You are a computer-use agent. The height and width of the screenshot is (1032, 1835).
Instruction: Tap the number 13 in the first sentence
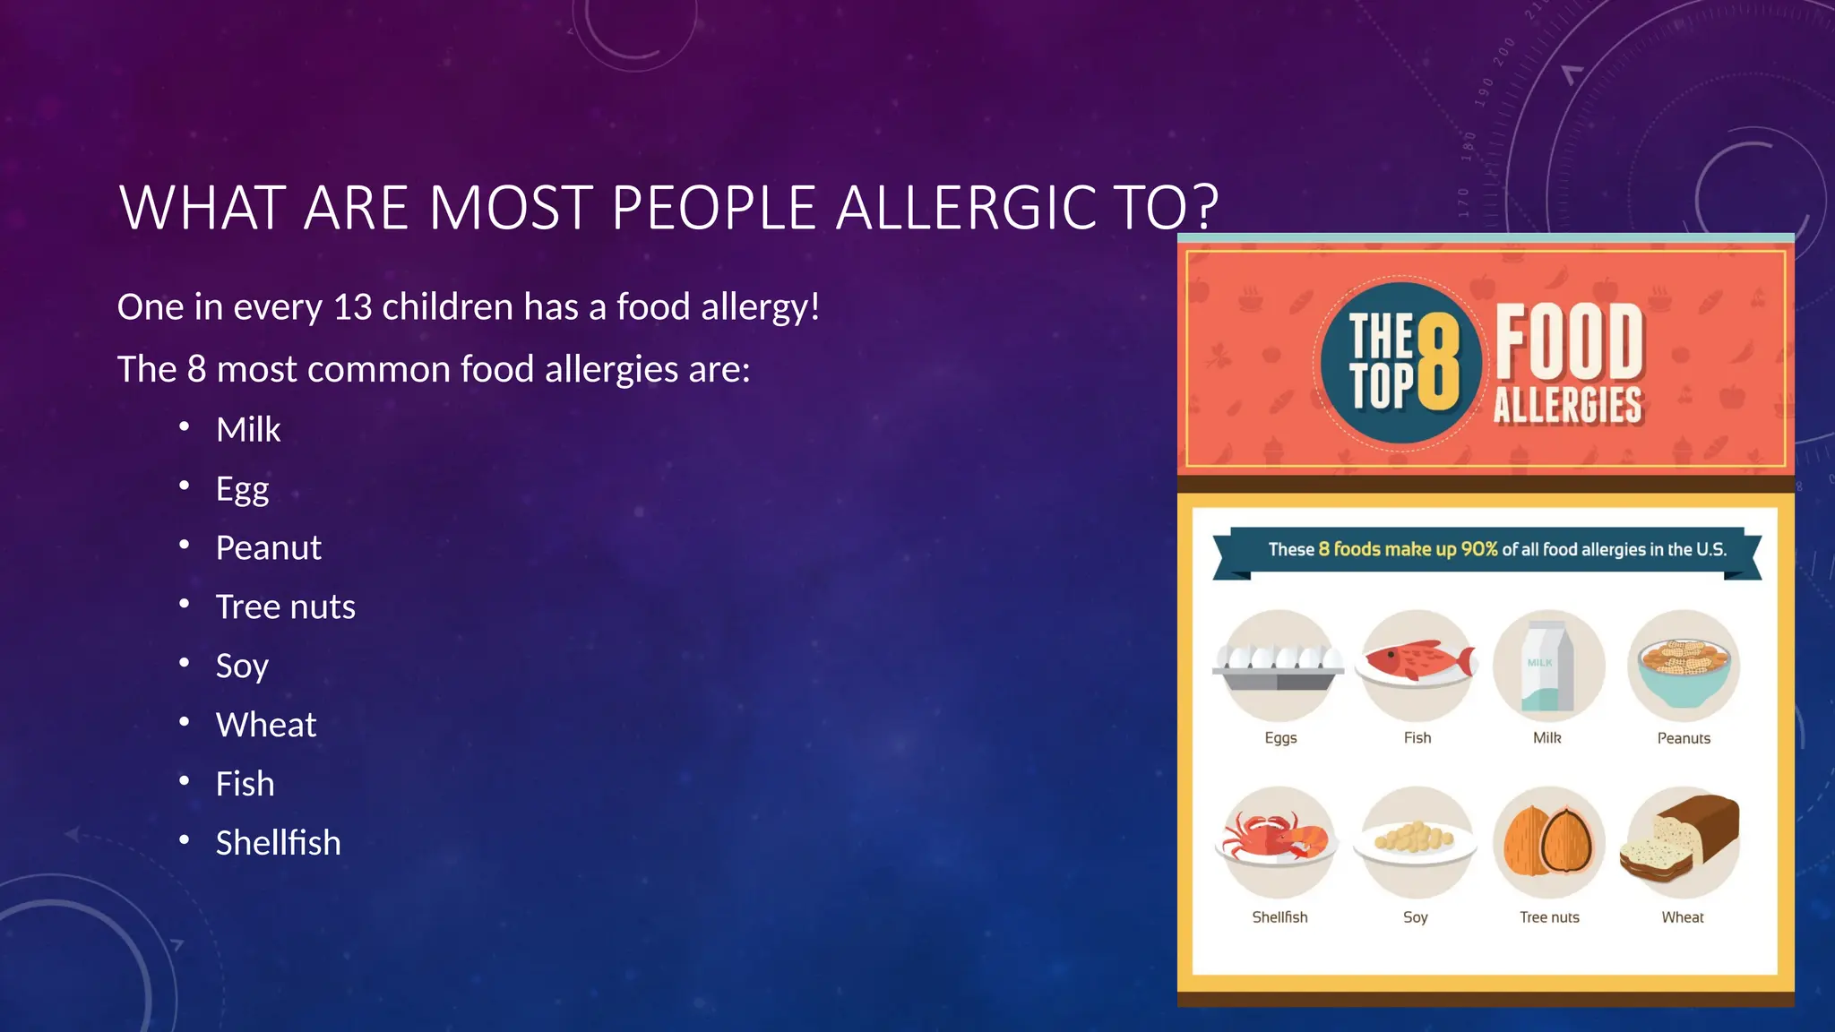click(x=352, y=307)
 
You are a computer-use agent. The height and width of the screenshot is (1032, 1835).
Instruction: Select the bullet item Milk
click(x=248, y=430)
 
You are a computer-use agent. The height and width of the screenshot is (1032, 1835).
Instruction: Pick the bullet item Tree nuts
click(x=285, y=607)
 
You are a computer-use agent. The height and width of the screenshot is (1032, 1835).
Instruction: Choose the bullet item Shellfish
click(x=278, y=843)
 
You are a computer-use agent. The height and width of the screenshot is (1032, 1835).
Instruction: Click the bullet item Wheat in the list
click(x=266, y=725)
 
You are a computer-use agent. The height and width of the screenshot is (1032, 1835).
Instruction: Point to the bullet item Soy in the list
click(x=242, y=666)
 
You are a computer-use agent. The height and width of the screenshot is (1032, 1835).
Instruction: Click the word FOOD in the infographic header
click(x=1569, y=342)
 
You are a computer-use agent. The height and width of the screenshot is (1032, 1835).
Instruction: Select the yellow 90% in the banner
click(x=1479, y=549)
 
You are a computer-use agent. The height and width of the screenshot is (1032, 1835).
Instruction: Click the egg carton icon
click(x=1279, y=667)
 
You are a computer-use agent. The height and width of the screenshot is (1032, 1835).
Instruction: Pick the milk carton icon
click(x=1547, y=666)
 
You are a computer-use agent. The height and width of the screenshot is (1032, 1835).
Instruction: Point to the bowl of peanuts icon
click(x=1684, y=667)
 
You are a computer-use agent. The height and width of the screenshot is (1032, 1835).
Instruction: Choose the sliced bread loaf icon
click(x=1682, y=840)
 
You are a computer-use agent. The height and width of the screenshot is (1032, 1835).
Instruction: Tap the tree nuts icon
click(x=1548, y=841)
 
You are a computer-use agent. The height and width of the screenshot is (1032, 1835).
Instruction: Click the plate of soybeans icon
click(x=1415, y=840)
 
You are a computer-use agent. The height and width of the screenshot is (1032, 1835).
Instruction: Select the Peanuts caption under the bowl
click(x=1684, y=738)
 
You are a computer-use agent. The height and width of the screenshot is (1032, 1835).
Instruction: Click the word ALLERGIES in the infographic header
click(x=1568, y=405)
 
